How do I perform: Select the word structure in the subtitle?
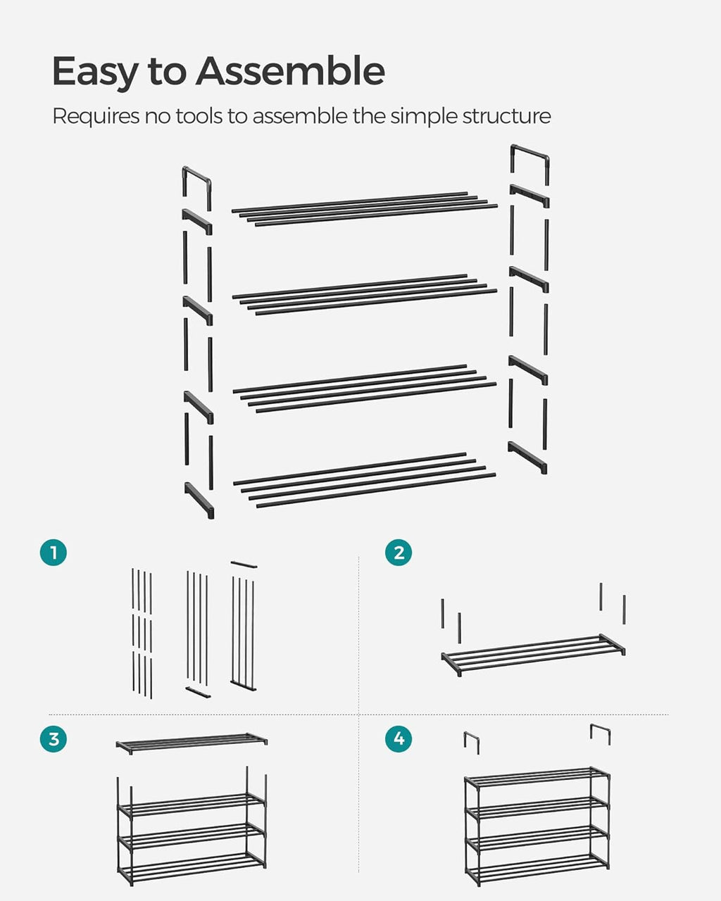(x=506, y=116)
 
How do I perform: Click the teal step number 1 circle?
(x=54, y=553)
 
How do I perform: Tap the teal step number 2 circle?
(x=399, y=553)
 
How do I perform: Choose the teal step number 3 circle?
(x=54, y=739)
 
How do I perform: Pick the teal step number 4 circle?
(x=399, y=739)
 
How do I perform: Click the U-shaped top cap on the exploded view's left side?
(x=196, y=179)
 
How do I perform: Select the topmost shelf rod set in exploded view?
(x=365, y=208)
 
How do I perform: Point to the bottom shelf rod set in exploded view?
(x=365, y=480)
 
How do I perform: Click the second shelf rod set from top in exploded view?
(x=365, y=294)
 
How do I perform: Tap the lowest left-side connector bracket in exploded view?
(x=199, y=500)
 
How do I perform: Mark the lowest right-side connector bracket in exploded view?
(x=527, y=457)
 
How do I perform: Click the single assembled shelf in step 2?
(x=533, y=654)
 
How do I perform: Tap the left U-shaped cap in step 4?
(x=471, y=741)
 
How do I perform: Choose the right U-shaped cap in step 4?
(x=600, y=733)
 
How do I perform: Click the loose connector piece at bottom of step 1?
(x=198, y=692)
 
